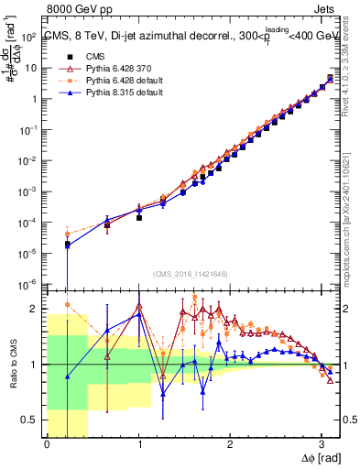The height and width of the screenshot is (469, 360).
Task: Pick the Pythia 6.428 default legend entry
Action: (x=105, y=81)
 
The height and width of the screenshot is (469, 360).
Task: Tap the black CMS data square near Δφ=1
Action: (x=139, y=218)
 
